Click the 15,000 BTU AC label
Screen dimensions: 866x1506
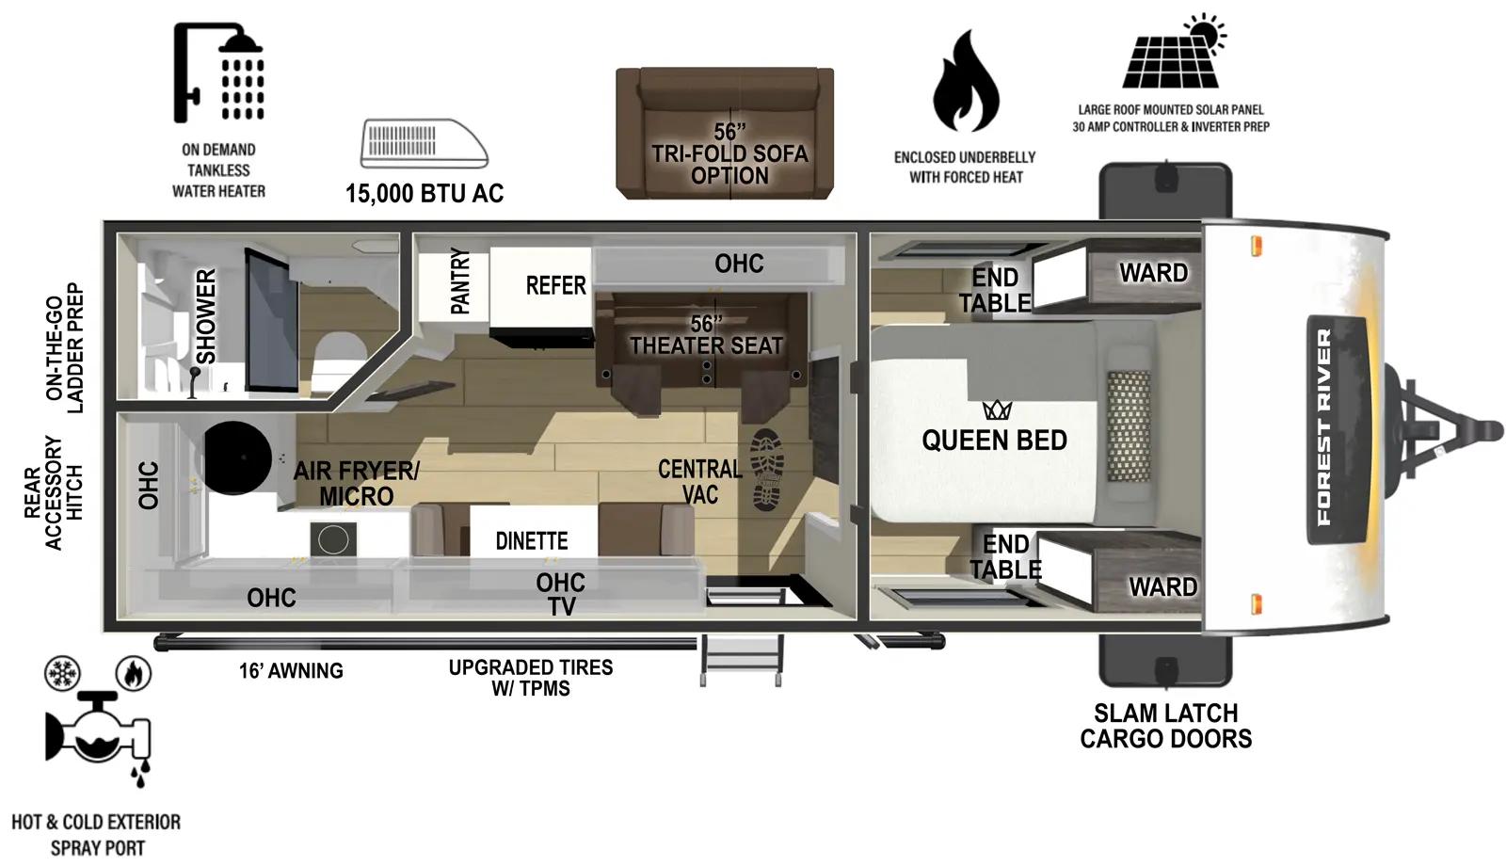click(425, 194)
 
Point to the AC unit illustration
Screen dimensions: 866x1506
click(424, 143)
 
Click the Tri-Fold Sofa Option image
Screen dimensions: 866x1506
click(725, 134)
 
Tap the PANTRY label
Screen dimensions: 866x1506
click(460, 281)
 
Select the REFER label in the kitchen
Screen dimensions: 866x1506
click(555, 285)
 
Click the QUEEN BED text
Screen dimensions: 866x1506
click(994, 441)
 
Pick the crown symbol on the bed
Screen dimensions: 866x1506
click(997, 410)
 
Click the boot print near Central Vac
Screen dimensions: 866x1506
click(767, 470)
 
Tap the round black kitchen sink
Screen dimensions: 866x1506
click(238, 458)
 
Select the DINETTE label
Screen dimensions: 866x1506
click(532, 541)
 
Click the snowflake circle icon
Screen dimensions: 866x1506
click(63, 674)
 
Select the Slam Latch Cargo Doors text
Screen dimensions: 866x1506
click(1165, 726)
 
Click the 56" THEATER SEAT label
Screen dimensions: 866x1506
click(706, 335)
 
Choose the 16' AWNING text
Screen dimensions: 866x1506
click(291, 671)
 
